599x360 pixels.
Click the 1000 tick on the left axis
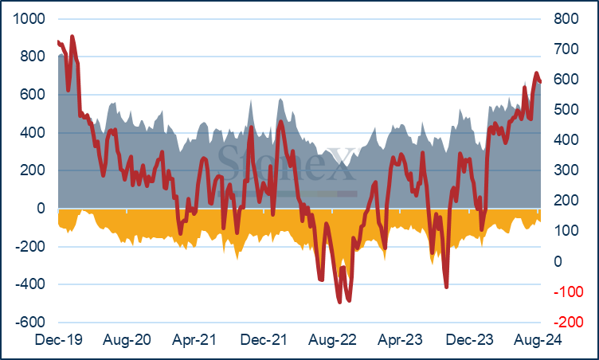coord(29,19)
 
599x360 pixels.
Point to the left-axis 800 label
coord(33,57)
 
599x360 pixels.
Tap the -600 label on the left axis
coord(30,322)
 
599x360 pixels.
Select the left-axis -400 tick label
coord(30,284)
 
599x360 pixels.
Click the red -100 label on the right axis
coord(569,292)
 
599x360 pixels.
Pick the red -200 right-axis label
coord(569,322)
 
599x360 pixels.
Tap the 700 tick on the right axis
coord(566,49)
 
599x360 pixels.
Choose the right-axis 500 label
coord(566,110)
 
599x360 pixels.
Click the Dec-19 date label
coord(58,339)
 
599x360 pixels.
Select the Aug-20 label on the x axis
coord(127,339)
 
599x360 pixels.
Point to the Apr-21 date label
coord(194,339)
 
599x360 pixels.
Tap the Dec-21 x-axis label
coord(264,339)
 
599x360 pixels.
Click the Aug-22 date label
coord(332,339)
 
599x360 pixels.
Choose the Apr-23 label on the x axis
coord(401,339)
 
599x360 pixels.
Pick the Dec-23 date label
coord(469,339)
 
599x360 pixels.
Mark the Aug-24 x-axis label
coord(538,339)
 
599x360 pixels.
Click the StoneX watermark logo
coord(288,168)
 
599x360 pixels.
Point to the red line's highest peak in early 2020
coord(72,37)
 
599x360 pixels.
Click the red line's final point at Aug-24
coord(540,81)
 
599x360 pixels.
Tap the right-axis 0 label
coord(558,262)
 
